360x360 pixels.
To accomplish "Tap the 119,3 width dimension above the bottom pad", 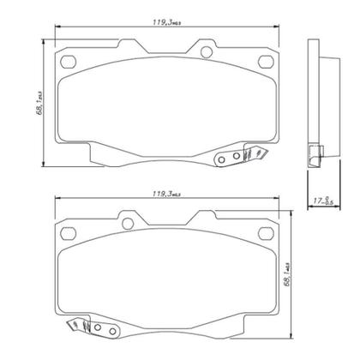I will pos(160,196).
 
